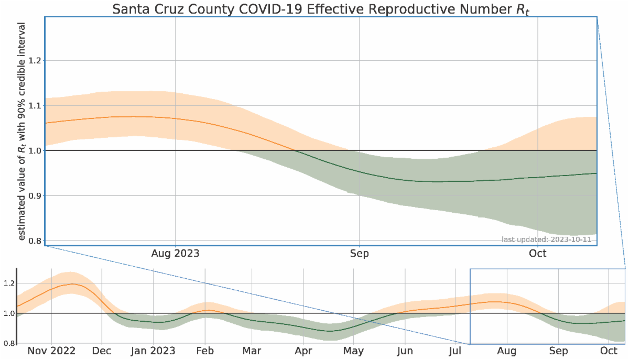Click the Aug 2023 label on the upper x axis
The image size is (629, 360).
[x=175, y=254]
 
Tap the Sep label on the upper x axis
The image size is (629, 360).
[x=359, y=254]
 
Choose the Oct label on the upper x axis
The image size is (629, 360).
[x=538, y=254]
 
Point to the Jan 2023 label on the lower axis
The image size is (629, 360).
[x=153, y=351]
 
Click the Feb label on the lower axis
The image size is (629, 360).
[x=205, y=351]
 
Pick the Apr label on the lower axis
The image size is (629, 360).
[x=303, y=351]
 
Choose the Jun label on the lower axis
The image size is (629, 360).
[x=405, y=351]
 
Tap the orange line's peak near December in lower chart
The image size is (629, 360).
[x=71, y=284]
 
